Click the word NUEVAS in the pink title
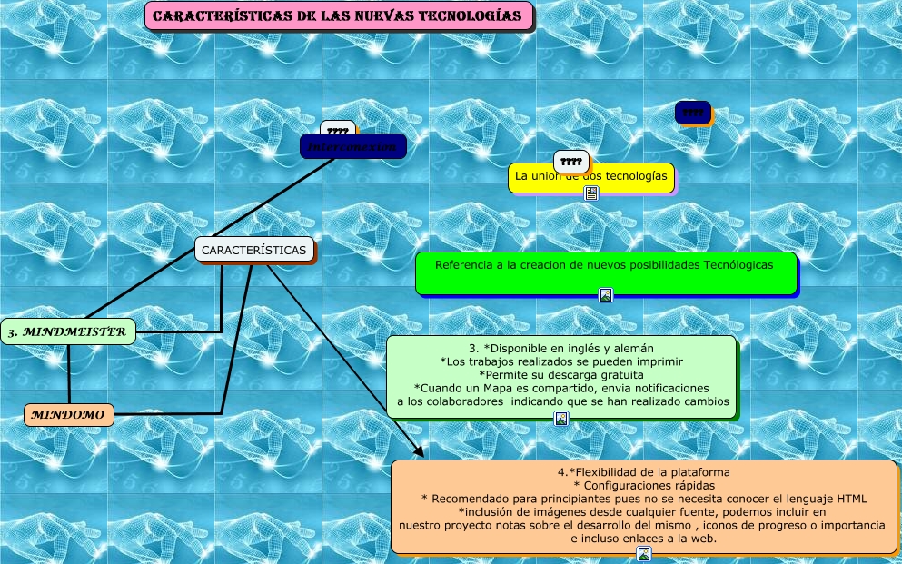[355, 16]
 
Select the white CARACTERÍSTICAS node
[254, 249]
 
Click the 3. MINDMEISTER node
[67, 332]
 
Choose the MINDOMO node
[69, 415]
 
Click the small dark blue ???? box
[692, 113]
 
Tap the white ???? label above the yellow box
[571, 162]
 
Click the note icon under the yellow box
[591, 193]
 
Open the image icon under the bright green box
[606, 294]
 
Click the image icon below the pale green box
[561, 419]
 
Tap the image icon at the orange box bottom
[644, 553]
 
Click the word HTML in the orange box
[852, 499]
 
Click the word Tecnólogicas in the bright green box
[738, 265]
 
